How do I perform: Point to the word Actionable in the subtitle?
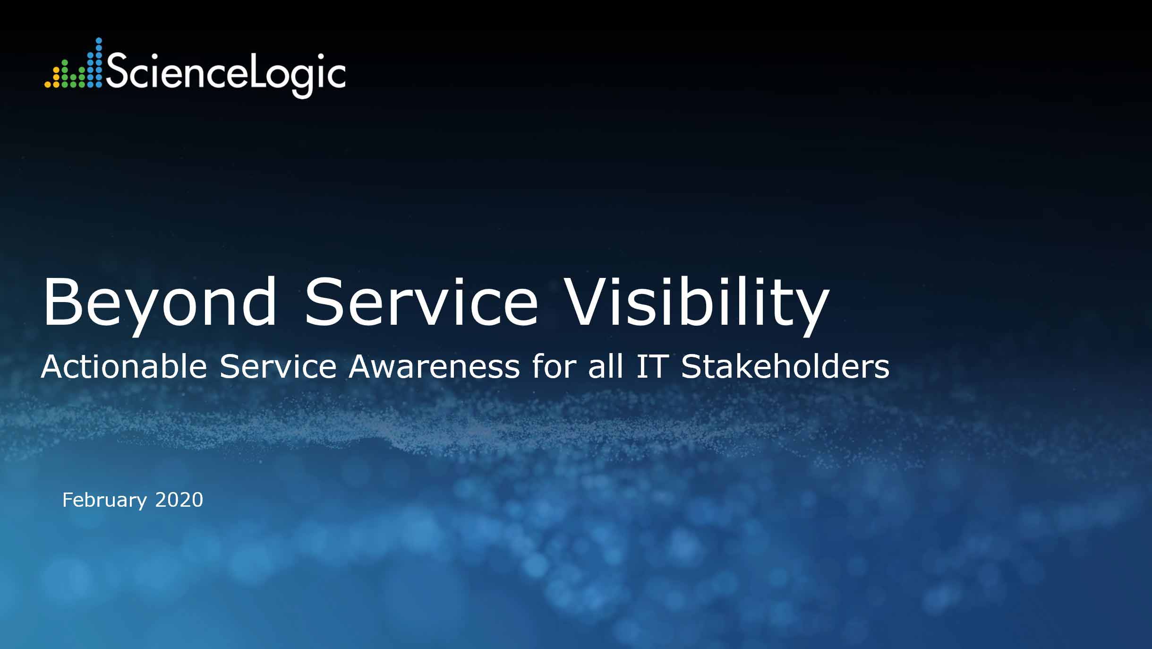pos(124,366)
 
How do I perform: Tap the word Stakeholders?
pos(785,366)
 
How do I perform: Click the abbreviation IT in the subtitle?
pos(651,366)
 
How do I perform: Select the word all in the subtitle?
pos(606,366)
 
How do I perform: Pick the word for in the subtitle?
pos(554,366)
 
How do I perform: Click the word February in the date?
pos(104,501)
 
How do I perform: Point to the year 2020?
pos(179,500)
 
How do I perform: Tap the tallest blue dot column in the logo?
pos(99,62)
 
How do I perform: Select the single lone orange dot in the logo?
pos(47,85)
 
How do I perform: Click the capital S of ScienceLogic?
pos(117,69)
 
